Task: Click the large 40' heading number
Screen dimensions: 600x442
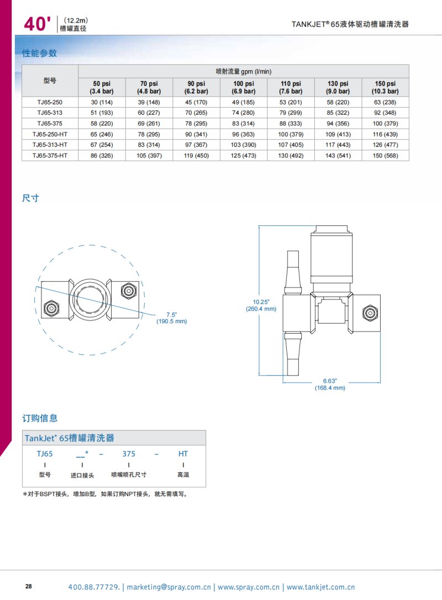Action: click(37, 23)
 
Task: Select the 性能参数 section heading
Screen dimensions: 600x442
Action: click(39, 54)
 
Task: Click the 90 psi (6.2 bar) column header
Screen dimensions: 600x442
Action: click(196, 87)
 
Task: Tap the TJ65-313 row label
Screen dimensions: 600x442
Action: click(50, 113)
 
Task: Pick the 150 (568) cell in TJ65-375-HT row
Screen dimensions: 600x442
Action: click(385, 156)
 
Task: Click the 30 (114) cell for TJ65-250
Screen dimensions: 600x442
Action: click(102, 102)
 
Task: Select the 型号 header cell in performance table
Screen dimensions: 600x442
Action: click(50, 81)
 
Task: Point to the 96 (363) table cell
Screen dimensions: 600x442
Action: click(243, 134)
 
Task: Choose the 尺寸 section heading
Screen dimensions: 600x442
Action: click(30, 198)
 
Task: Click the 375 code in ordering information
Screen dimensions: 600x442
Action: click(129, 454)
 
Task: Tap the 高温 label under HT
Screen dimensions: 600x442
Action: click(183, 475)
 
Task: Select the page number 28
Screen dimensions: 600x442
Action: click(29, 586)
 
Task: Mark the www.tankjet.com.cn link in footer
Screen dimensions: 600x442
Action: click(320, 587)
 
